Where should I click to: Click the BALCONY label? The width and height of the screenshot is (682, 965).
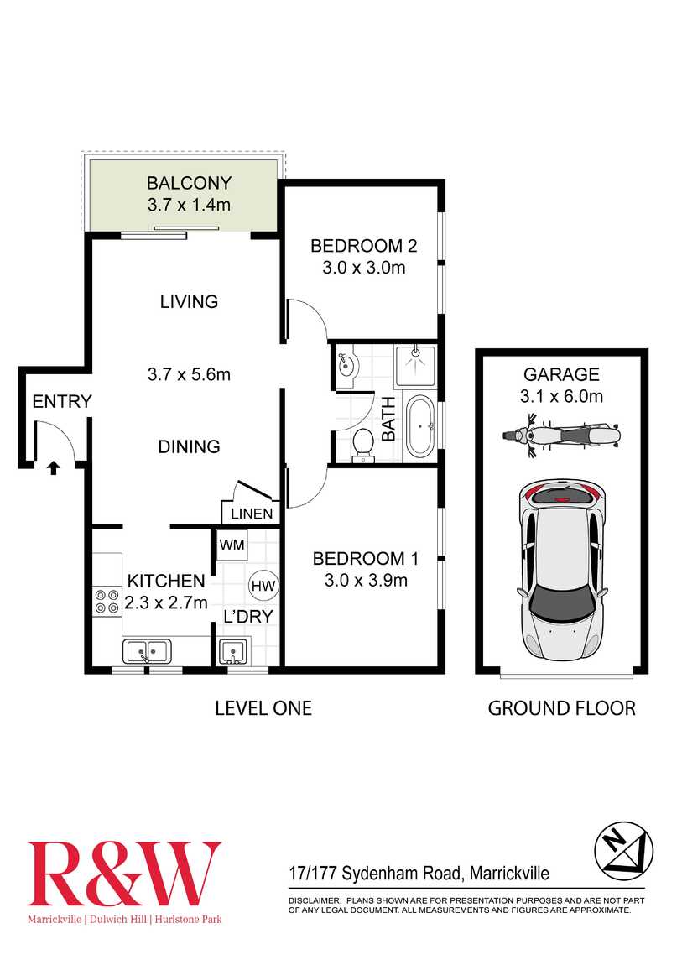pyautogui.click(x=189, y=183)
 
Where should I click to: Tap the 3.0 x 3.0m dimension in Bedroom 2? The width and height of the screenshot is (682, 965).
pyautogui.click(x=363, y=268)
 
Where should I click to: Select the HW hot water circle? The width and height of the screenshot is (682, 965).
pyautogui.click(x=263, y=586)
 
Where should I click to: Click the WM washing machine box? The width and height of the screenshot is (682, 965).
pyautogui.click(x=232, y=545)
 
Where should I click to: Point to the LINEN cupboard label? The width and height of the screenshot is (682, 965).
pyautogui.click(x=252, y=514)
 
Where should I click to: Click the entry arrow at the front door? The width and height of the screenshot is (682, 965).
pyautogui.click(x=54, y=467)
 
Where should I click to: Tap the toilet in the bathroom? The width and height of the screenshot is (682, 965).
pyautogui.click(x=363, y=444)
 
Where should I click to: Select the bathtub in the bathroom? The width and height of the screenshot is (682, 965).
pyautogui.click(x=419, y=426)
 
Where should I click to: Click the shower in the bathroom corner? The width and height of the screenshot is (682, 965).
pyautogui.click(x=416, y=364)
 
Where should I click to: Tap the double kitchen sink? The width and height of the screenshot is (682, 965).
pyautogui.click(x=147, y=650)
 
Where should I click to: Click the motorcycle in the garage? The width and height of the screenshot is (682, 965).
pyautogui.click(x=561, y=436)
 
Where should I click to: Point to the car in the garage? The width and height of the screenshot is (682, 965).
pyautogui.click(x=560, y=571)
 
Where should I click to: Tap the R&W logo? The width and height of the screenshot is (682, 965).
pyautogui.click(x=124, y=874)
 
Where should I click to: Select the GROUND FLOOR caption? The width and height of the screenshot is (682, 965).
pyautogui.click(x=561, y=708)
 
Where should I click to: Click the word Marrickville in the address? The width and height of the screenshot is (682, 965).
pyautogui.click(x=509, y=874)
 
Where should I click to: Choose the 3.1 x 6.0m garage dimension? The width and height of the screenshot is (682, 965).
pyautogui.click(x=561, y=397)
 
